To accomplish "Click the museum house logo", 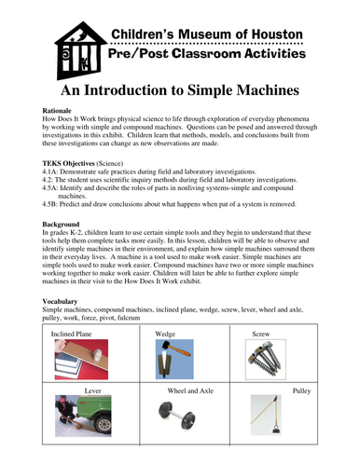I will click(76, 51).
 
